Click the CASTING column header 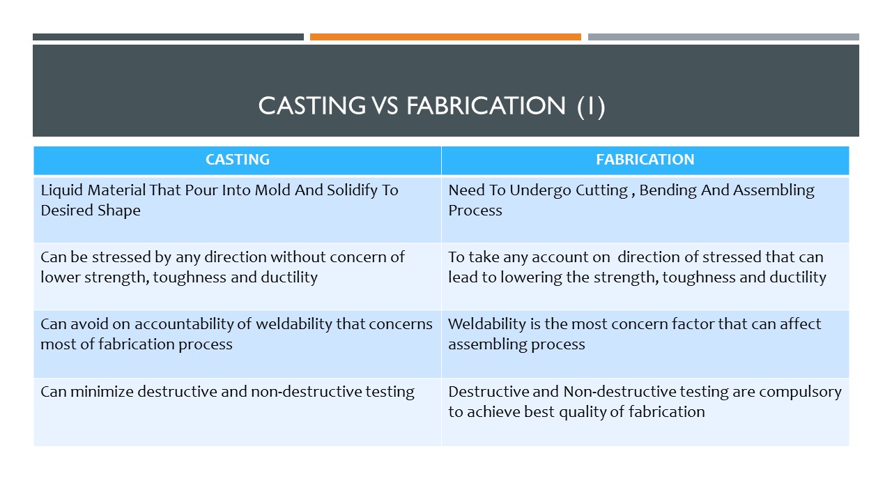pyautogui.click(x=238, y=160)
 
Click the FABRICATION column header pyautogui.click(x=645, y=160)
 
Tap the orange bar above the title pyautogui.click(x=445, y=37)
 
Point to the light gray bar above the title pyautogui.click(x=723, y=37)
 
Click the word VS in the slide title pyautogui.click(x=385, y=106)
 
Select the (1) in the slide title pyautogui.click(x=591, y=107)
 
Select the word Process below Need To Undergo pyautogui.click(x=475, y=211)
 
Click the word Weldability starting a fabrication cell pyautogui.click(x=487, y=324)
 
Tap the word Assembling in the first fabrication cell pyautogui.click(x=774, y=191)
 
